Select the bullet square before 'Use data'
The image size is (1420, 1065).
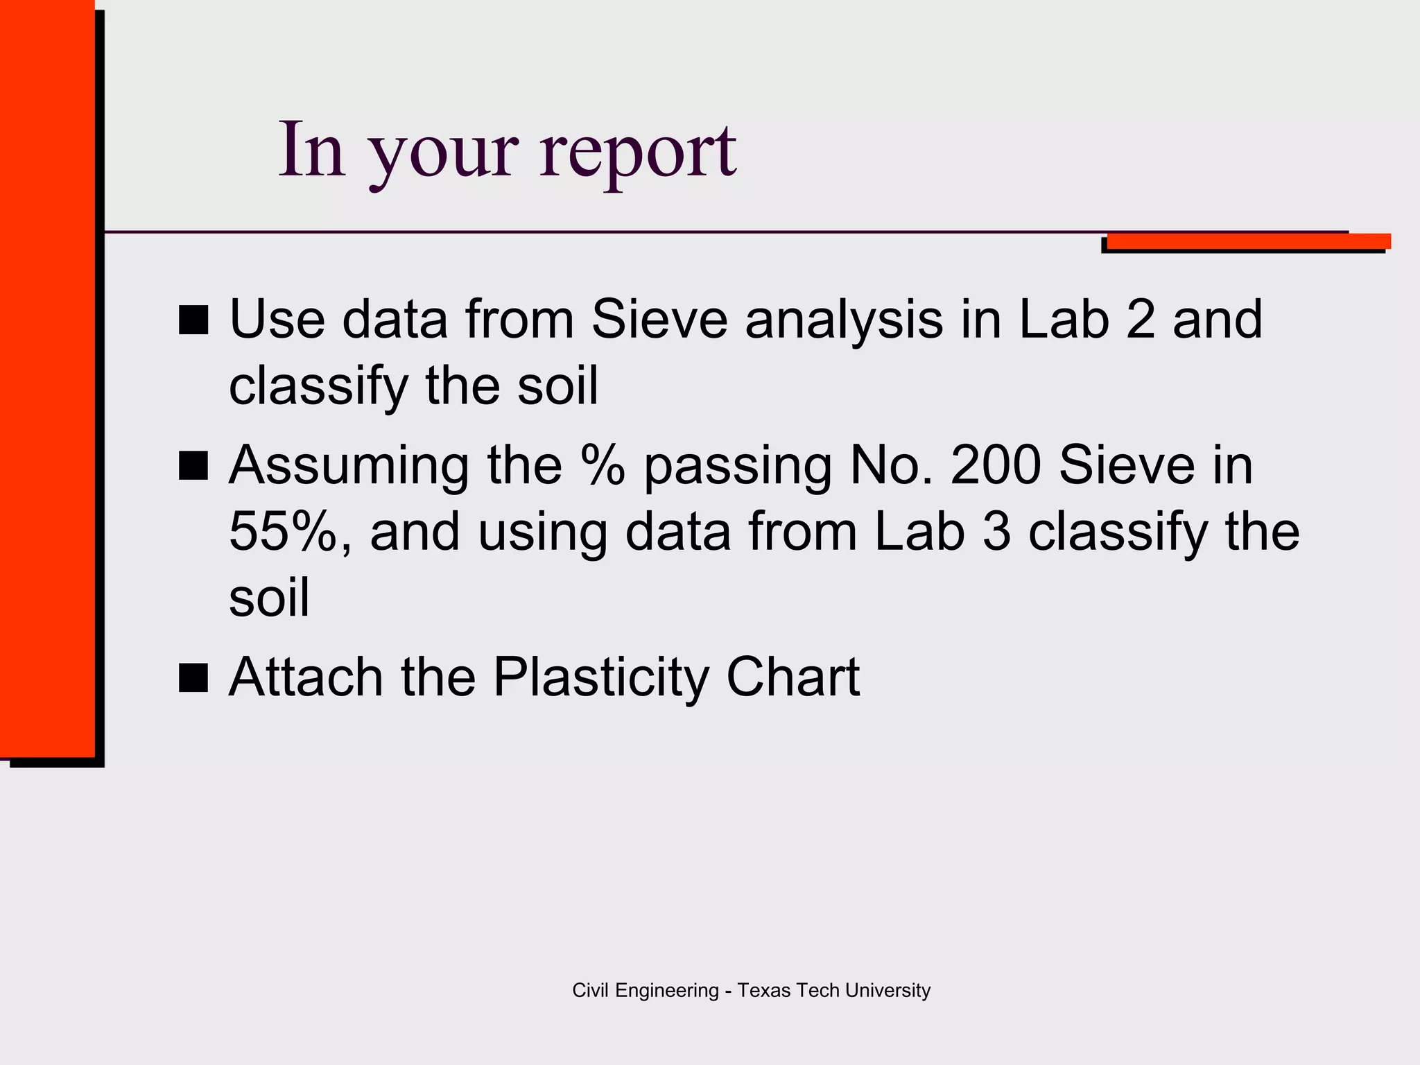tap(193, 320)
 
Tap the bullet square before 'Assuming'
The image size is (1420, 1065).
tap(193, 465)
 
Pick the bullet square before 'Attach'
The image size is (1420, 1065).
tap(193, 677)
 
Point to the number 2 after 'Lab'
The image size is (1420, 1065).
tap(1141, 320)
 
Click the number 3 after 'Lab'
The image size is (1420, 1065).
tap(996, 532)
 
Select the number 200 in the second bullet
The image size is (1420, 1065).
tap(995, 465)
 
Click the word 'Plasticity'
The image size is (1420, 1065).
tap(600, 677)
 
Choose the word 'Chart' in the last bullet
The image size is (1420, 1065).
tap(793, 677)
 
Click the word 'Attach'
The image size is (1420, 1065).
tap(306, 677)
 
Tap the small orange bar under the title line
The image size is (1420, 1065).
tap(1248, 241)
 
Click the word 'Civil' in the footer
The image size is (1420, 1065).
tap(591, 990)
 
